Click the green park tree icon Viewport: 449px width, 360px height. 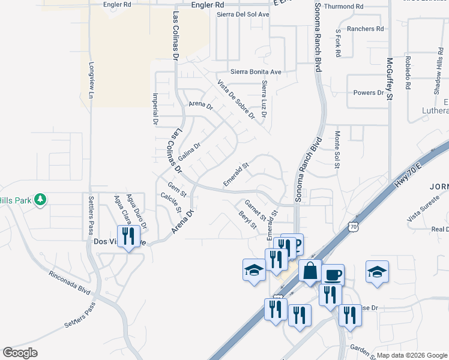tap(40, 199)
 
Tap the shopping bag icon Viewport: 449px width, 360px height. tap(310, 271)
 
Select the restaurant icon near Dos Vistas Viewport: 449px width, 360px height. tap(128, 236)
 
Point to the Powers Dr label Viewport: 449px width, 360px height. tap(368, 93)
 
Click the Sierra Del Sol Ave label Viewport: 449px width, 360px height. tap(243, 14)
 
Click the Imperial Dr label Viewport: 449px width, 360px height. tap(155, 109)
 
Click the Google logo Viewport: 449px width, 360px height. tap(20, 352)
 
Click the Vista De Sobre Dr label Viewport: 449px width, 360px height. tap(236, 99)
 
